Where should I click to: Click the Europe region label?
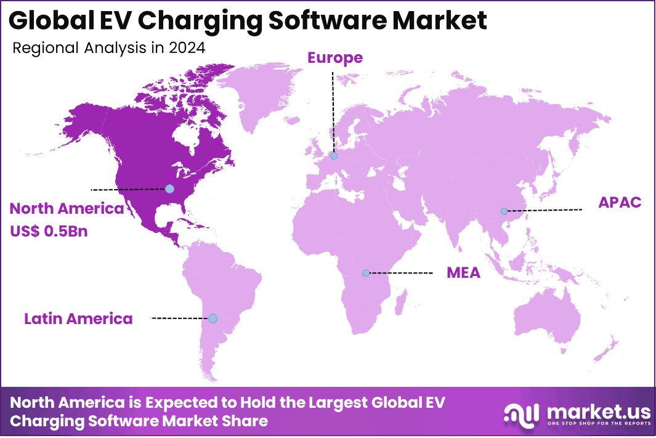pyautogui.click(x=335, y=58)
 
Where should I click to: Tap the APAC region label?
pyautogui.click(x=620, y=202)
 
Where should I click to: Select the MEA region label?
pyautogui.click(x=463, y=272)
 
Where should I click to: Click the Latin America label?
pyautogui.click(x=78, y=318)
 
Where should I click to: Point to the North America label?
pyautogui.click(x=67, y=209)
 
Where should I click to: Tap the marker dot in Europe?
pyautogui.click(x=333, y=156)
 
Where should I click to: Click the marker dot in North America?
pyautogui.click(x=170, y=189)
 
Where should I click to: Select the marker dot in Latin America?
pyautogui.click(x=213, y=318)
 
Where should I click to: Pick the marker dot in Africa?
pyautogui.click(x=366, y=272)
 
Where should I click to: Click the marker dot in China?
pyautogui.click(x=504, y=211)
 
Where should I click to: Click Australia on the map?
pyautogui.click(x=548, y=320)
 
